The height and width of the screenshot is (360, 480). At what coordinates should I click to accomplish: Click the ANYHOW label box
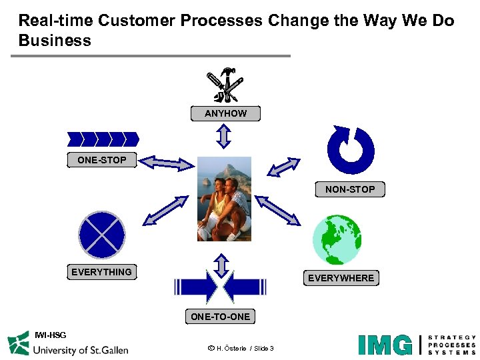(225, 113)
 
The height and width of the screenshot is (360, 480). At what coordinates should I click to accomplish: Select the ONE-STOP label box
(101, 160)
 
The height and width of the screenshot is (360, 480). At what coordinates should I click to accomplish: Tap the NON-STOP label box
(350, 189)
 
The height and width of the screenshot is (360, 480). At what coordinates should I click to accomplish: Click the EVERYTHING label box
(101, 272)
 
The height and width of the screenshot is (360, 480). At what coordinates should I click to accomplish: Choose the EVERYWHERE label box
(341, 278)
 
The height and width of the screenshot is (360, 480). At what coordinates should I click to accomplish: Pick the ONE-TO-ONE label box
(220, 317)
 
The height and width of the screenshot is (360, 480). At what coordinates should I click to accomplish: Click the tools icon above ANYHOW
(225, 85)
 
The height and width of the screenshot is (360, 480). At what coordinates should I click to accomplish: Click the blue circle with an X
(102, 235)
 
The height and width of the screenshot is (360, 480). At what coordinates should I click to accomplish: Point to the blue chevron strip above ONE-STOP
(103, 139)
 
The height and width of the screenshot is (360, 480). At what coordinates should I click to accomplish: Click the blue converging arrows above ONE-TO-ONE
(221, 287)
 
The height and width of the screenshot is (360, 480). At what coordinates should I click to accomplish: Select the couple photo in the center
(225, 199)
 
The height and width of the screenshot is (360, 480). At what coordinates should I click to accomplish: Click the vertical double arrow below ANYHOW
(223, 135)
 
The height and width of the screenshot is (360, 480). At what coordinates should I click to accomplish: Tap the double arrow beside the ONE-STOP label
(166, 162)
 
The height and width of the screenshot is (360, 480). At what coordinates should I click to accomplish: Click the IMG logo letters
(385, 345)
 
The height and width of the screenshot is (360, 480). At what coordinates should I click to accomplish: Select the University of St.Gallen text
(80, 349)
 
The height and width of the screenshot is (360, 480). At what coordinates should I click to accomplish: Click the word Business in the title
(55, 41)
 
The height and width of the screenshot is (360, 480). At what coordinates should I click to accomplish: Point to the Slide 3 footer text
(260, 349)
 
